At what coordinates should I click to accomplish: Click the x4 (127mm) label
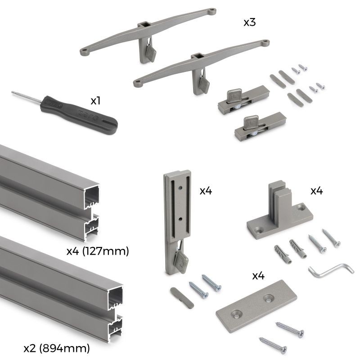point(98,251)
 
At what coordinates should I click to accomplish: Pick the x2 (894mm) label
point(56,348)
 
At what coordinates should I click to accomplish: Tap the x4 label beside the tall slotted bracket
point(206,190)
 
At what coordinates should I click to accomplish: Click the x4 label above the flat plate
point(258,276)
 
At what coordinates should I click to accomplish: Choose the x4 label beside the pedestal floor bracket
point(317,190)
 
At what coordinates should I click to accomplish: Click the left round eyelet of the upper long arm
point(84,52)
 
